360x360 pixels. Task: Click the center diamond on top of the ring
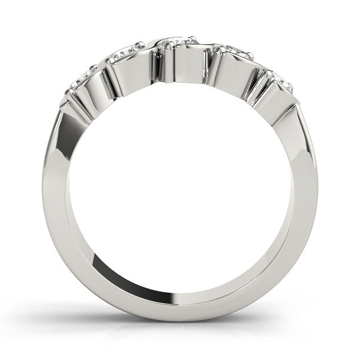pos(178,43)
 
